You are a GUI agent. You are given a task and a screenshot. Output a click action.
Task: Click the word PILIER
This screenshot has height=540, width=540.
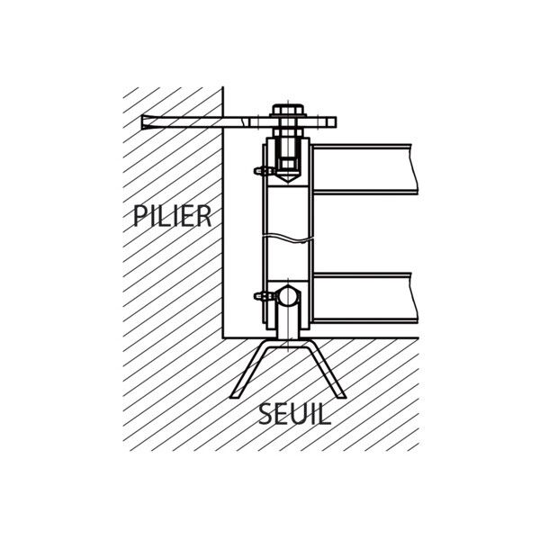[172, 216]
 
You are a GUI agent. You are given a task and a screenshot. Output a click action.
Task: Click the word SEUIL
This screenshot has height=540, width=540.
[294, 414]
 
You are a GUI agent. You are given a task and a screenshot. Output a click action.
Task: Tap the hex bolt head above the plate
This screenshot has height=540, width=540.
[288, 110]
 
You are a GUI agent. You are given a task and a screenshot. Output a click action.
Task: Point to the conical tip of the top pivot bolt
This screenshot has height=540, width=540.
[288, 178]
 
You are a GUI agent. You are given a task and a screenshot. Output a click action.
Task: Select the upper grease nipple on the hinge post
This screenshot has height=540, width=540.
[264, 170]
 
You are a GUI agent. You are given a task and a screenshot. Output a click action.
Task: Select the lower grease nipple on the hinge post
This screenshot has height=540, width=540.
[264, 296]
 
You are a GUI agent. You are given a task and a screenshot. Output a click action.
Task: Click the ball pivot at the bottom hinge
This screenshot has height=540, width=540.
[288, 296]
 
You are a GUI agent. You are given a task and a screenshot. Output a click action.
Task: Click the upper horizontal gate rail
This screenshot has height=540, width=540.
[364, 169]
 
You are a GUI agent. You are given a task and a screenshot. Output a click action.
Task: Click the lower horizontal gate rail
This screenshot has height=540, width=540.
[365, 298]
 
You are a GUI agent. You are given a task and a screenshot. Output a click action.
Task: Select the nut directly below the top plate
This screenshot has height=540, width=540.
[288, 132]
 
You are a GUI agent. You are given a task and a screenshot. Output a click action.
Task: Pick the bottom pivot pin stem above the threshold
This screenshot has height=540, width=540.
[288, 322]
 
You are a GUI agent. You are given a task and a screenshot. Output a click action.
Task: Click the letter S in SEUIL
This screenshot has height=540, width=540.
[265, 414]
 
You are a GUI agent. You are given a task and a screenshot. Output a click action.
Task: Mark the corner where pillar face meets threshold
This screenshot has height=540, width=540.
[223, 338]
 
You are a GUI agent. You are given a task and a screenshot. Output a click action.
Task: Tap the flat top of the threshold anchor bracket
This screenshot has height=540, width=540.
[288, 345]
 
